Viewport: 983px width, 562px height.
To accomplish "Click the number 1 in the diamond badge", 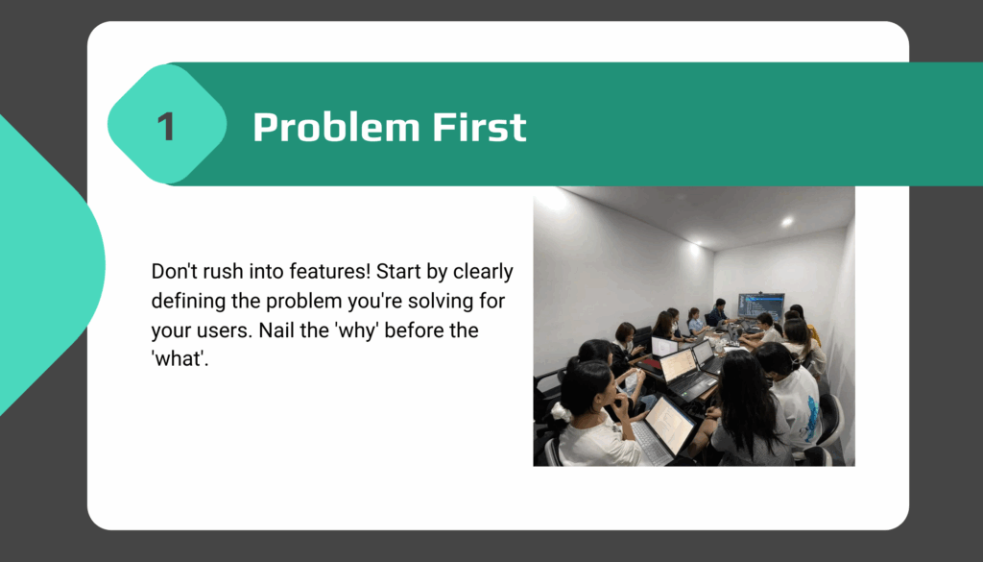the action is tap(166, 127).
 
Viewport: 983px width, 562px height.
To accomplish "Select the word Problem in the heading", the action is tap(335, 127).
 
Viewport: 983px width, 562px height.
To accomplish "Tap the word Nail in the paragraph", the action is tap(274, 330).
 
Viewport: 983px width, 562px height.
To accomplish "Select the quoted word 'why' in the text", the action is tap(357, 331).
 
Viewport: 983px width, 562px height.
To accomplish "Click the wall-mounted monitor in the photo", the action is tap(760, 305).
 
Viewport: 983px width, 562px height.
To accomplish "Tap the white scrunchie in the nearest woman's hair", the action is tap(562, 411).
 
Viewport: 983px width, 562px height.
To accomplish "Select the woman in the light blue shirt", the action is tap(695, 322).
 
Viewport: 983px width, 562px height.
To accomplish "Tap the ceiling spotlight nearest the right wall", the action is tap(787, 221).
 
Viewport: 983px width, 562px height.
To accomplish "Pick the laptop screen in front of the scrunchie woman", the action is tap(669, 426).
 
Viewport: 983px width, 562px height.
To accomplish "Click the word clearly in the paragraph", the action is tap(484, 272).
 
